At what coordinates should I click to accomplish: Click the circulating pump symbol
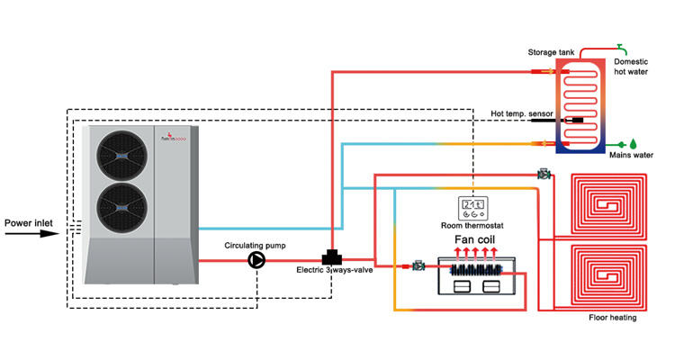coord(256,260)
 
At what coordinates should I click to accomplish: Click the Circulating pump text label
coord(256,244)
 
